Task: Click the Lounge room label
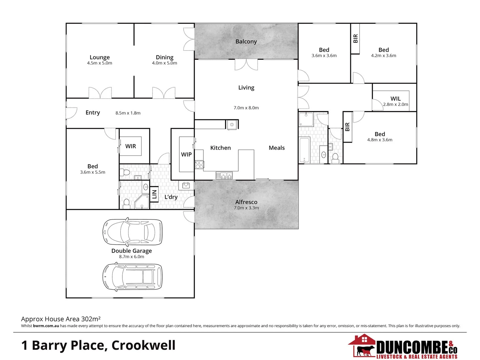(x=99, y=57)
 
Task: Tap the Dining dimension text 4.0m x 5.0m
(x=164, y=63)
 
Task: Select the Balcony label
(x=246, y=41)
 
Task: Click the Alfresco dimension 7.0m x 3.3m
(x=246, y=208)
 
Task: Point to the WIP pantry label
(x=186, y=154)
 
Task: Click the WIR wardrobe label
(x=131, y=146)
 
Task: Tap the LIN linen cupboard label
(x=154, y=194)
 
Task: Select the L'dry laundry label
(x=171, y=197)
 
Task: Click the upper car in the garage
(x=132, y=232)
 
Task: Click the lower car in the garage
(x=132, y=276)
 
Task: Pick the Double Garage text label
(x=132, y=251)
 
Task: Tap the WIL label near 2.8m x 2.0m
(x=396, y=99)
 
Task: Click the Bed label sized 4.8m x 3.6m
(x=380, y=134)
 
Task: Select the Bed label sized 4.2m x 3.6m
(x=384, y=50)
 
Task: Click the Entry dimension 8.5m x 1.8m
(x=128, y=113)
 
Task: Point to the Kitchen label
(x=220, y=148)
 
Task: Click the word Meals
(x=277, y=148)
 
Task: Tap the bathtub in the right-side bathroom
(x=304, y=150)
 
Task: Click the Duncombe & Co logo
(x=403, y=347)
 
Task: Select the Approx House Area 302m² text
(x=61, y=319)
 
